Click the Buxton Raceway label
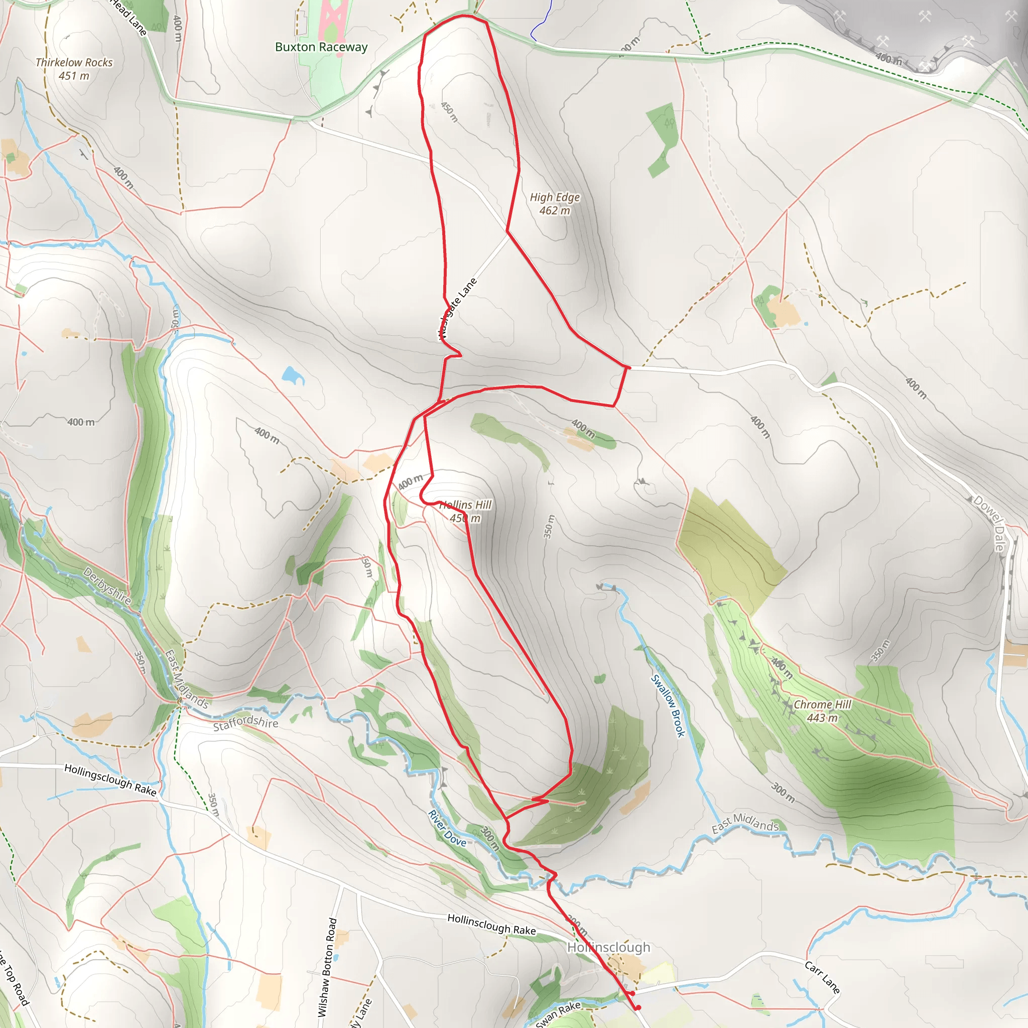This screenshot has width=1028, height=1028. [x=321, y=47]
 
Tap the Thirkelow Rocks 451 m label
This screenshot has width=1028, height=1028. [x=74, y=69]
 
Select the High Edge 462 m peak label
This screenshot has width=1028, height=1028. [x=555, y=204]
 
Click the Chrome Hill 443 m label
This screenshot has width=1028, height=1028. [x=822, y=711]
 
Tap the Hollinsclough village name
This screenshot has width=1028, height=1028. [x=608, y=948]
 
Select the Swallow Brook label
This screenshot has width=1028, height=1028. [x=668, y=706]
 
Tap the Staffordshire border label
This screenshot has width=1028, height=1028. [x=245, y=723]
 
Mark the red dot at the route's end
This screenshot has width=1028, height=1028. [x=638, y=1008]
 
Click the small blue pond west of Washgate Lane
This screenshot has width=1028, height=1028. [x=292, y=375]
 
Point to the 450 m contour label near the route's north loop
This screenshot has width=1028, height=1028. [x=449, y=112]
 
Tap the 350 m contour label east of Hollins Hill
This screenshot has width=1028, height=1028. [x=549, y=526]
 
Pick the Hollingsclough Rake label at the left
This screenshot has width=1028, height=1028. [x=110, y=780]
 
